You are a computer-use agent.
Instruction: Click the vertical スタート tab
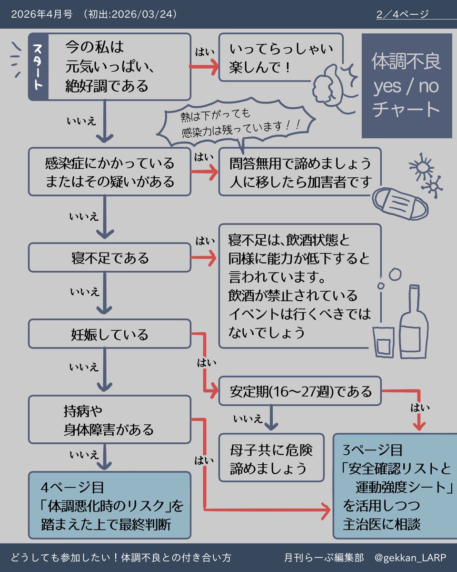(38, 67)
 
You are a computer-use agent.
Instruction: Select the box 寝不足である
(109, 258)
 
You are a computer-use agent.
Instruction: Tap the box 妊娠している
(109, 334)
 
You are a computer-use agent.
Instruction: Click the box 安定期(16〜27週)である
(300, 391)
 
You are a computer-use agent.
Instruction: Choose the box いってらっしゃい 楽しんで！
(281, 57)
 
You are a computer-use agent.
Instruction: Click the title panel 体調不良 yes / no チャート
(406, 86)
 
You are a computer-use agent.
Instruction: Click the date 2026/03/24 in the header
(143, 14)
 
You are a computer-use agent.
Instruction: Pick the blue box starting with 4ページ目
(109, 505)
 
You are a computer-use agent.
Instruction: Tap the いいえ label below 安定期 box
(248, 419)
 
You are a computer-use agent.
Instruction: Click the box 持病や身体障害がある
(109, 419)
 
